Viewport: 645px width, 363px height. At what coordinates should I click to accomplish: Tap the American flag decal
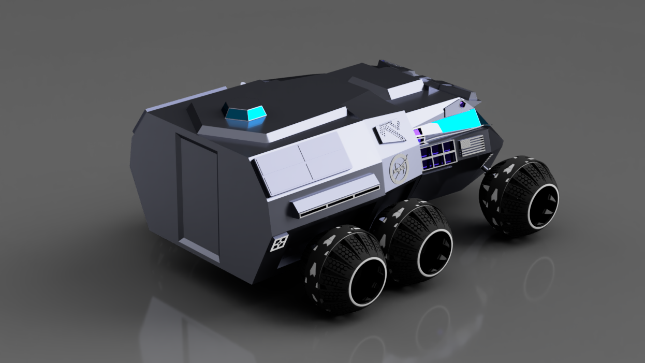point(472,146)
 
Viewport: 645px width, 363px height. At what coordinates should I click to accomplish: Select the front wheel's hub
point(540,202)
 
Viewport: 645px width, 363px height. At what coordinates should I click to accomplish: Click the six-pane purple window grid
point(437,155)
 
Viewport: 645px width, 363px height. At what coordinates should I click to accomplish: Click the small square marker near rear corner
point(280,242)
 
